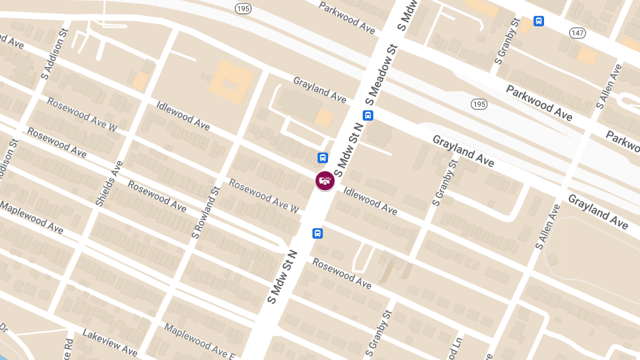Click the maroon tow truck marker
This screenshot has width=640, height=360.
(x=325, y=181)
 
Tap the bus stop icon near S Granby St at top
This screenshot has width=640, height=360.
(x=539, y=21)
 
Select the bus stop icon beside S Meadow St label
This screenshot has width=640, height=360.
(x=367, y=115)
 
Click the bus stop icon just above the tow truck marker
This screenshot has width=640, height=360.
(x=323, y=158)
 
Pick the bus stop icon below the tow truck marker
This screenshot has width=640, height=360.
(x=317, y=234)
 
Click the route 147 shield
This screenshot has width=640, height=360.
(x=578, y=33)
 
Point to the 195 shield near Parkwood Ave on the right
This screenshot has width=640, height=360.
(x=479, y=104)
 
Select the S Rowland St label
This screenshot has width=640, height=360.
(x=206, y=212)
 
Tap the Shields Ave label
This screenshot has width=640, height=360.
(x=109, y=184)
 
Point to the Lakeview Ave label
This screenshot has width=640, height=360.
(x=110, y=342)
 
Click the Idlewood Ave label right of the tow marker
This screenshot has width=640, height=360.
(x=370, y=201)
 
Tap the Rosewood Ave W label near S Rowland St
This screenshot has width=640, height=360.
(x=263, y=196)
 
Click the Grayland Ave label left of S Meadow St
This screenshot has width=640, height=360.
(x=319, y=89)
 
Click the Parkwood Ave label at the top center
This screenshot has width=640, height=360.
(x=347, y=17)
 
